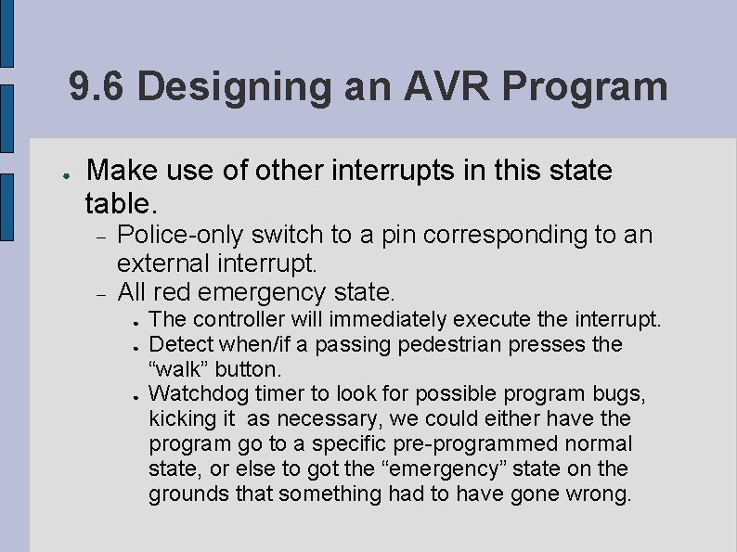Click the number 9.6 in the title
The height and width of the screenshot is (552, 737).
pyautogui.click(x=97, y=87)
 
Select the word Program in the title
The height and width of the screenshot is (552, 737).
pyautogui.click(x=586, y=87)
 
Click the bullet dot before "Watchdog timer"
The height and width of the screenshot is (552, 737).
pyautogui.click(x=136, y=395)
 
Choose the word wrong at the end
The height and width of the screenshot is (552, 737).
pyautogui.click(x=600, y=494)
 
